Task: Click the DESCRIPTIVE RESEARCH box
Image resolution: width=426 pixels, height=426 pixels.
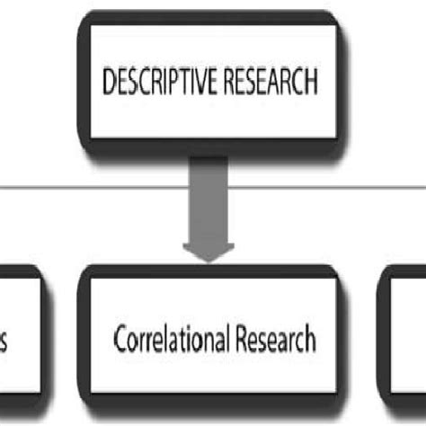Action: tap(211, 83)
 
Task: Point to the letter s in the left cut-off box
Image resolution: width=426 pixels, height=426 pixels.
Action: tap(6, 342)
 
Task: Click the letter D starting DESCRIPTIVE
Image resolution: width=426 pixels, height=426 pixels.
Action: tap(109, 83)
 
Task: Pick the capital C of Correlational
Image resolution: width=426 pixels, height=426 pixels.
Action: tap(120, 340)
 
